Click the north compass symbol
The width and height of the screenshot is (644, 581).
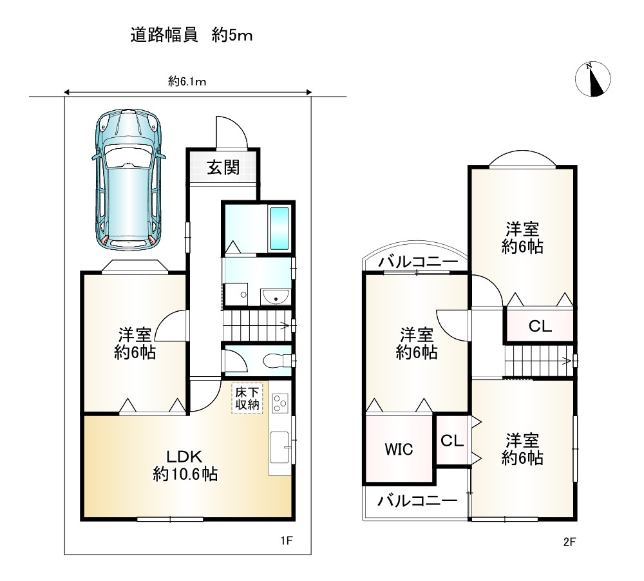[x=592, y=79]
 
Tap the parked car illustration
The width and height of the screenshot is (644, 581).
[x=129, y=180]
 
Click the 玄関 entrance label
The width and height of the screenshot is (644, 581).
[x=223, y=167]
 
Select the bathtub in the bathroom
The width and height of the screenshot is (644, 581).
[x=279, y=229]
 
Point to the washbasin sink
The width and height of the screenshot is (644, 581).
[x=276, y=296]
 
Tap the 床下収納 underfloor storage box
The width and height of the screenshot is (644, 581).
[x=247, y=398]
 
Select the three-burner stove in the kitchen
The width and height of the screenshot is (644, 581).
[x=280, y=403]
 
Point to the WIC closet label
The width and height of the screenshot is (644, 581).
[x=399, y=449]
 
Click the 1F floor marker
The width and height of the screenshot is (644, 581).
[x=287, y=540]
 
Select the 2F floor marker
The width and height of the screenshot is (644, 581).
[x=569, y=542]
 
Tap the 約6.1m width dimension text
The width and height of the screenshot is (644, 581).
[x=187, y=81]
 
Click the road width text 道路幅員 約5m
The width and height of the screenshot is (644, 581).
[x=191, y=35]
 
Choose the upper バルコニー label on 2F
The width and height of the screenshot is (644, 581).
[x=418, y=262]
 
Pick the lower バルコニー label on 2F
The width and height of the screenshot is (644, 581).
[x=417, y=500]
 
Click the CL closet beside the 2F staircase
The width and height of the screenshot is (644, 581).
[x=540, y=326]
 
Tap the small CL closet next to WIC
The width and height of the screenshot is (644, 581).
[x=452, y=441]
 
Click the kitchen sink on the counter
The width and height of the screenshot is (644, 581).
[x=279, y=447]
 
